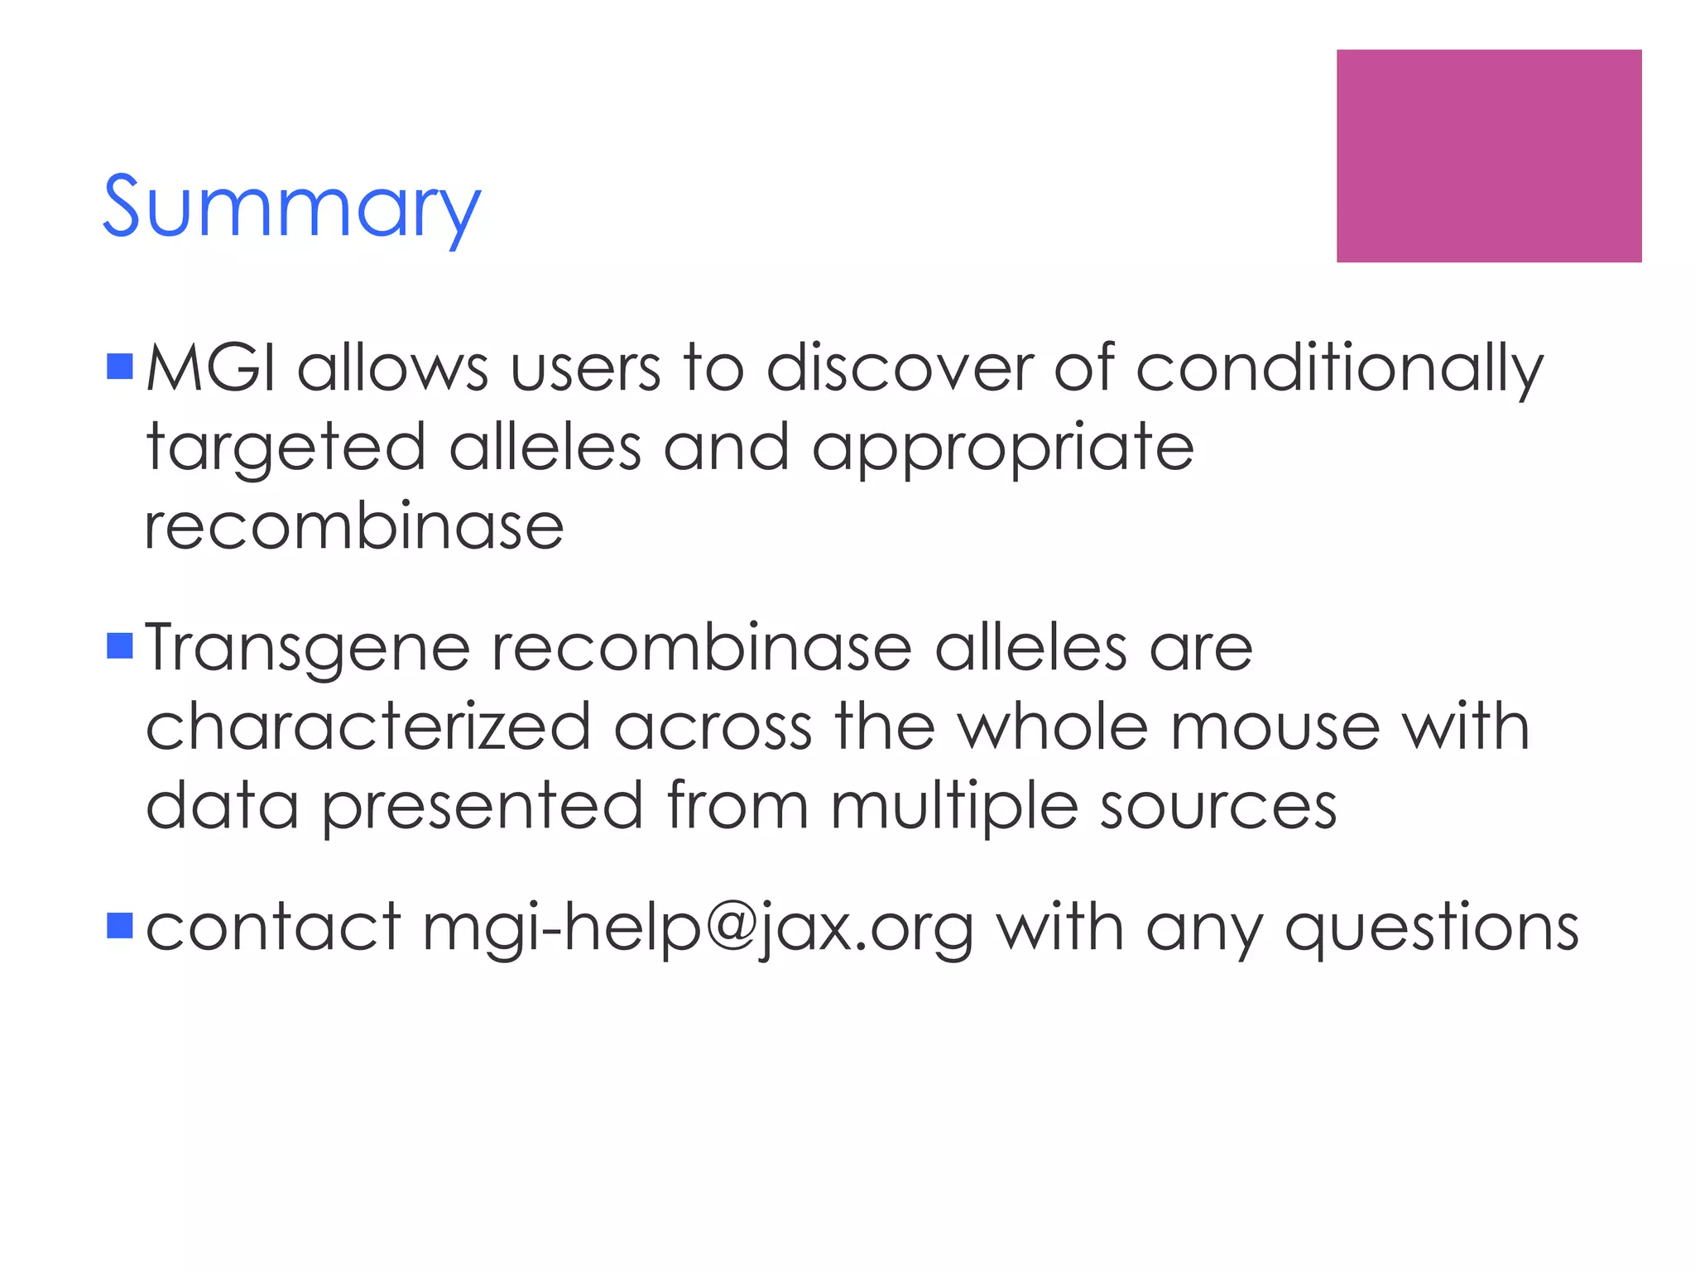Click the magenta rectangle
click(1488, 156)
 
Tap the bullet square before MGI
click(120, 367)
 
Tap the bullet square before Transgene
click(120, 645)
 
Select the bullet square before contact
click(120, 926)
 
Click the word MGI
click(211, 368)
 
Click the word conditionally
click(1338, 370)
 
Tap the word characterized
click(368, 727)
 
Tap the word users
click(585, 368)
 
